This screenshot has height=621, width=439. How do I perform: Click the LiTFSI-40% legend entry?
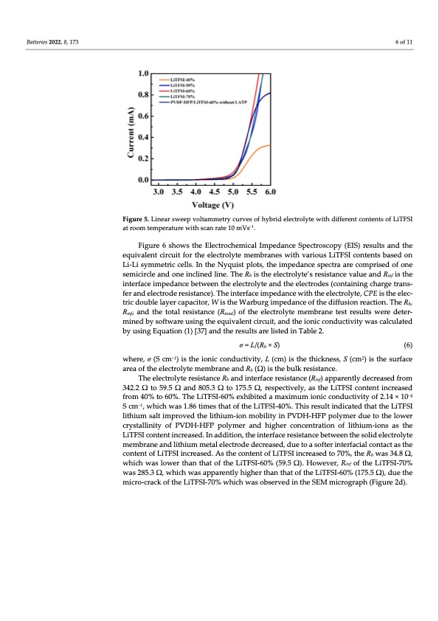pos(182,77)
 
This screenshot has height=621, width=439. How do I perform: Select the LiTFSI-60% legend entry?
pos(182,89)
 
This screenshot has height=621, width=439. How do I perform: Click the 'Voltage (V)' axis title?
pos(213,204)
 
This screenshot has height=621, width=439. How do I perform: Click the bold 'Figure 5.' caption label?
pos(140,221)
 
